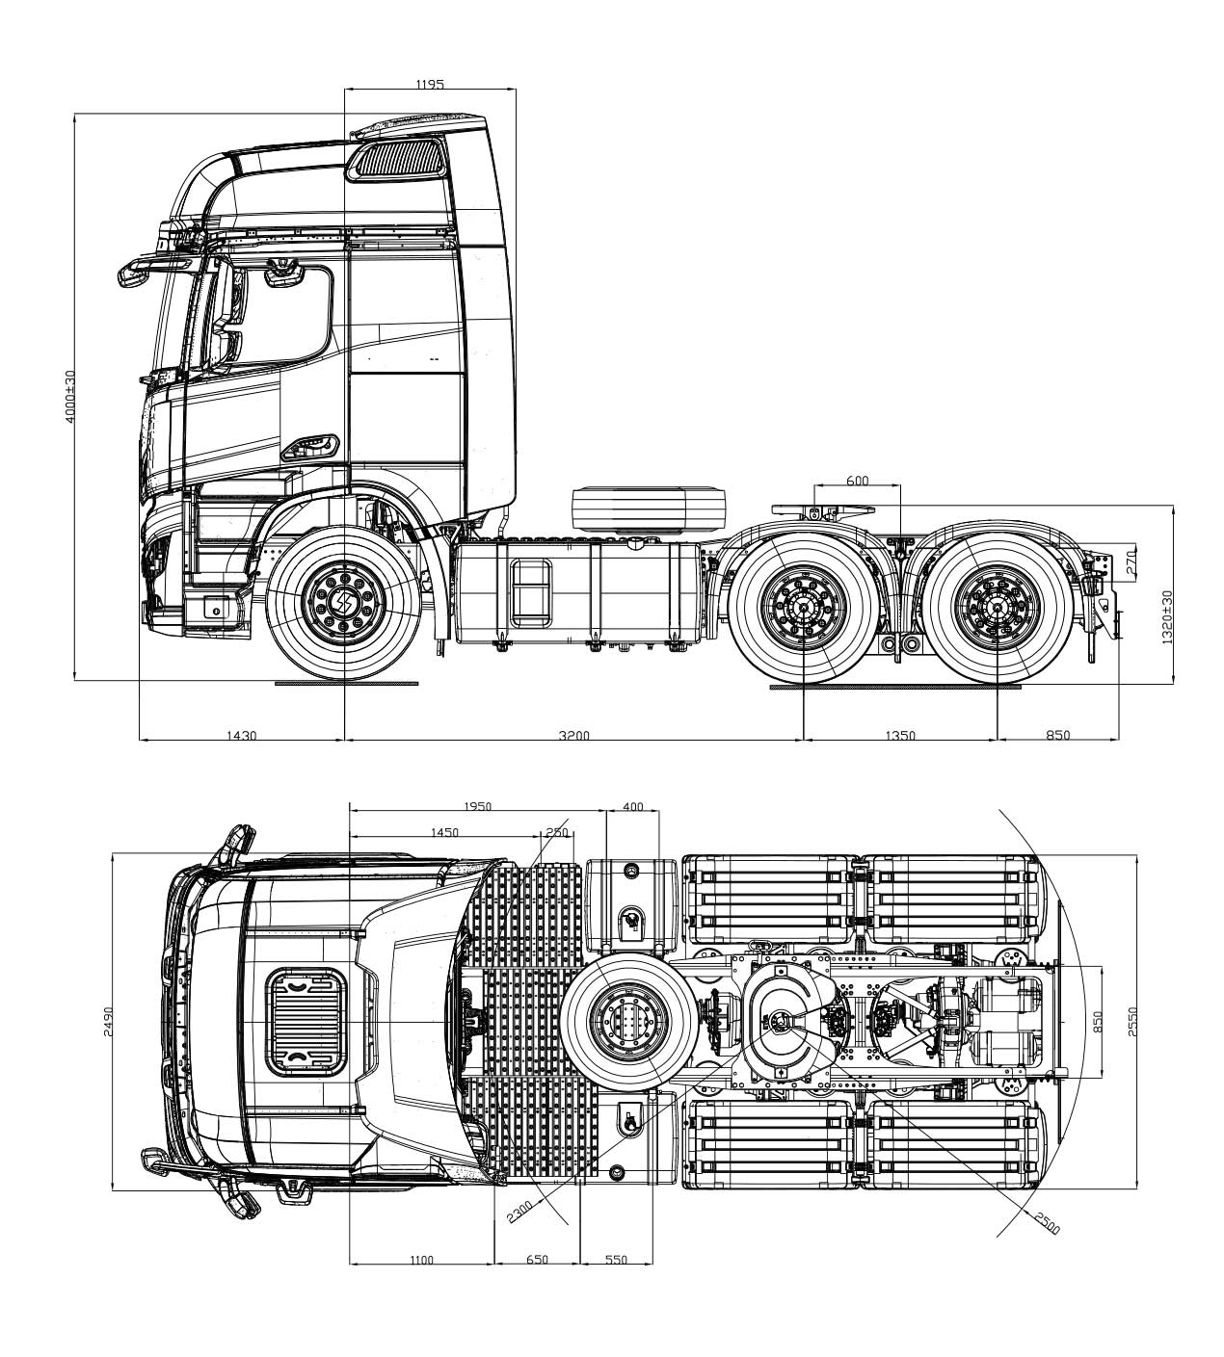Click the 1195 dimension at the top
tap(429, 85)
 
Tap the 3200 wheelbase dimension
tap(573, 736)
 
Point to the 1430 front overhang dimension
tap(241, 736)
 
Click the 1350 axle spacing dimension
tap(899, 736)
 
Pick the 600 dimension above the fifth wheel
tap(857, 481)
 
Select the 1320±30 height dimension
tap(1168, 617)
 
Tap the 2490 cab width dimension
tap(109, 1021)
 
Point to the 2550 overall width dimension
tap(1133, 1021)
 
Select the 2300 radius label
tap(519, 1210)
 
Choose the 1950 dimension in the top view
tap(477, 806)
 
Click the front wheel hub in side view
tap(342, 605)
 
